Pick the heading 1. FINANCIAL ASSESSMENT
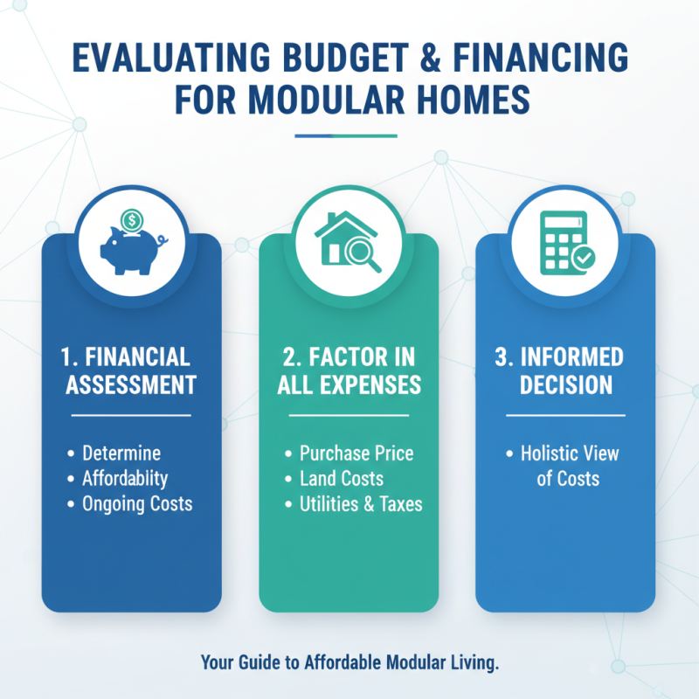pos(132,371)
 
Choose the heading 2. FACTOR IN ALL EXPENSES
pos(349,371)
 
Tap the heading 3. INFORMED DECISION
pos(565,371)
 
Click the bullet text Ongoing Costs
pos(137,504)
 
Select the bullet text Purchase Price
pos(356,454)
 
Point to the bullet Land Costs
pos(342,479)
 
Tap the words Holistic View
pos(570,454)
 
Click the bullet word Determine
pos(121,454)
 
